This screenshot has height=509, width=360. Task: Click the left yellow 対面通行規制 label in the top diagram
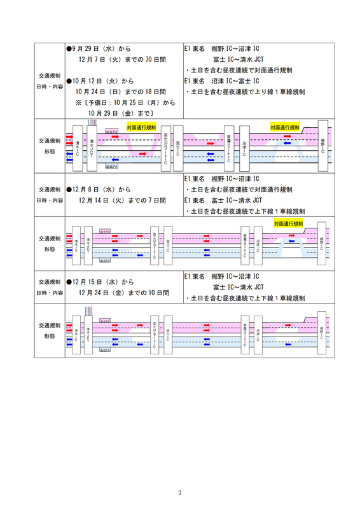(141, 127)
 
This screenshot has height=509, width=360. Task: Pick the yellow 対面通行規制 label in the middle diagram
(288, 224)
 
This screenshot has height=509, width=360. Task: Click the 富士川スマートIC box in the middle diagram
(155, 244)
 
